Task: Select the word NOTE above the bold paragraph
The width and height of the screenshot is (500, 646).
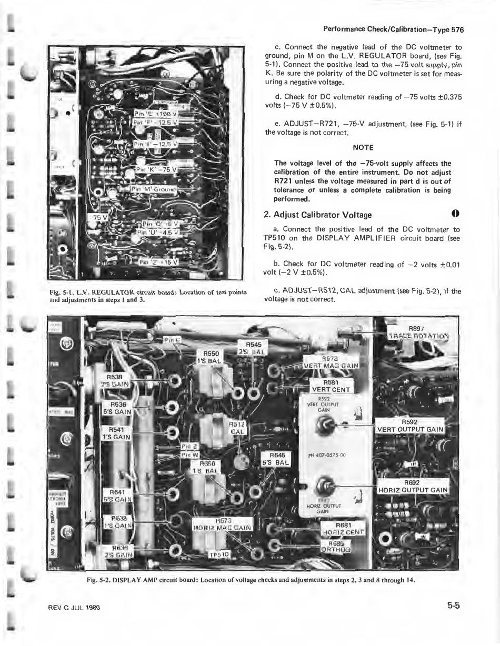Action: (x=363, y=147)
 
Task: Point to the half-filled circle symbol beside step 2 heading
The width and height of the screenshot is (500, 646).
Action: (x=456, y=214)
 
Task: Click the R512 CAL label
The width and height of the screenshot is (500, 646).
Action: (x=238, y=427)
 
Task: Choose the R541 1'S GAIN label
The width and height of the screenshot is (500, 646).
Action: (x=115, y=433)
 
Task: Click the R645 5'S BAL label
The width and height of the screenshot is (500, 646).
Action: (x=276, y=459)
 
